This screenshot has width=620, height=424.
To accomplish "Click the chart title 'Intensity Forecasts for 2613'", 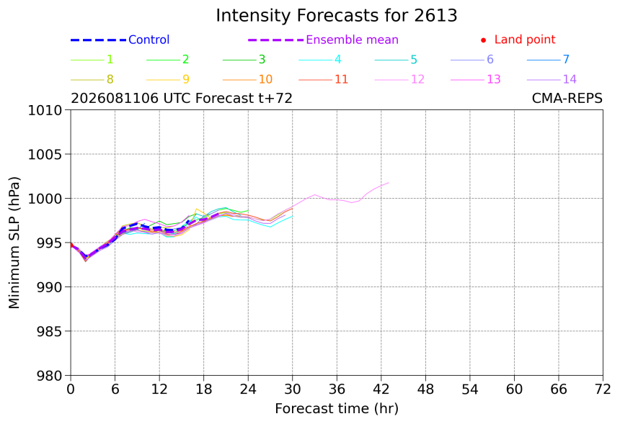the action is tap(337, 16).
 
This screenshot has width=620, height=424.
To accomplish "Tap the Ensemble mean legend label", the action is tap(352, 40).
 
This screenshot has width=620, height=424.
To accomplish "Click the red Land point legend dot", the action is tap(483, 40).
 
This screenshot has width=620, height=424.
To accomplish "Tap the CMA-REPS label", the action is tap(567, 98).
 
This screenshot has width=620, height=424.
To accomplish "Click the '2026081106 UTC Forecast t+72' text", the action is tap(182, 98).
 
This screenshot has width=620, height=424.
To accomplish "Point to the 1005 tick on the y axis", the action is tap(45, 154).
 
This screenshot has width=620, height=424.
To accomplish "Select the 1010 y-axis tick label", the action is tap(45, 110).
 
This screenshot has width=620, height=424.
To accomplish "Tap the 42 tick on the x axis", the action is tap(381, 389).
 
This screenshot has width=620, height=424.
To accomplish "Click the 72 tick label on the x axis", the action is tap(603, 389).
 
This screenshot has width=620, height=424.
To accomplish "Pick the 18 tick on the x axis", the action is tap(203, 389).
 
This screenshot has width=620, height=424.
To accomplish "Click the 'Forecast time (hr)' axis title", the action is tap(337, 409).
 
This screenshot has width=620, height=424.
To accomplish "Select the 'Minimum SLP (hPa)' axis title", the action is tap(14, 243).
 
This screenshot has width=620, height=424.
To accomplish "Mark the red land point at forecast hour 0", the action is tap(71, 245).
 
